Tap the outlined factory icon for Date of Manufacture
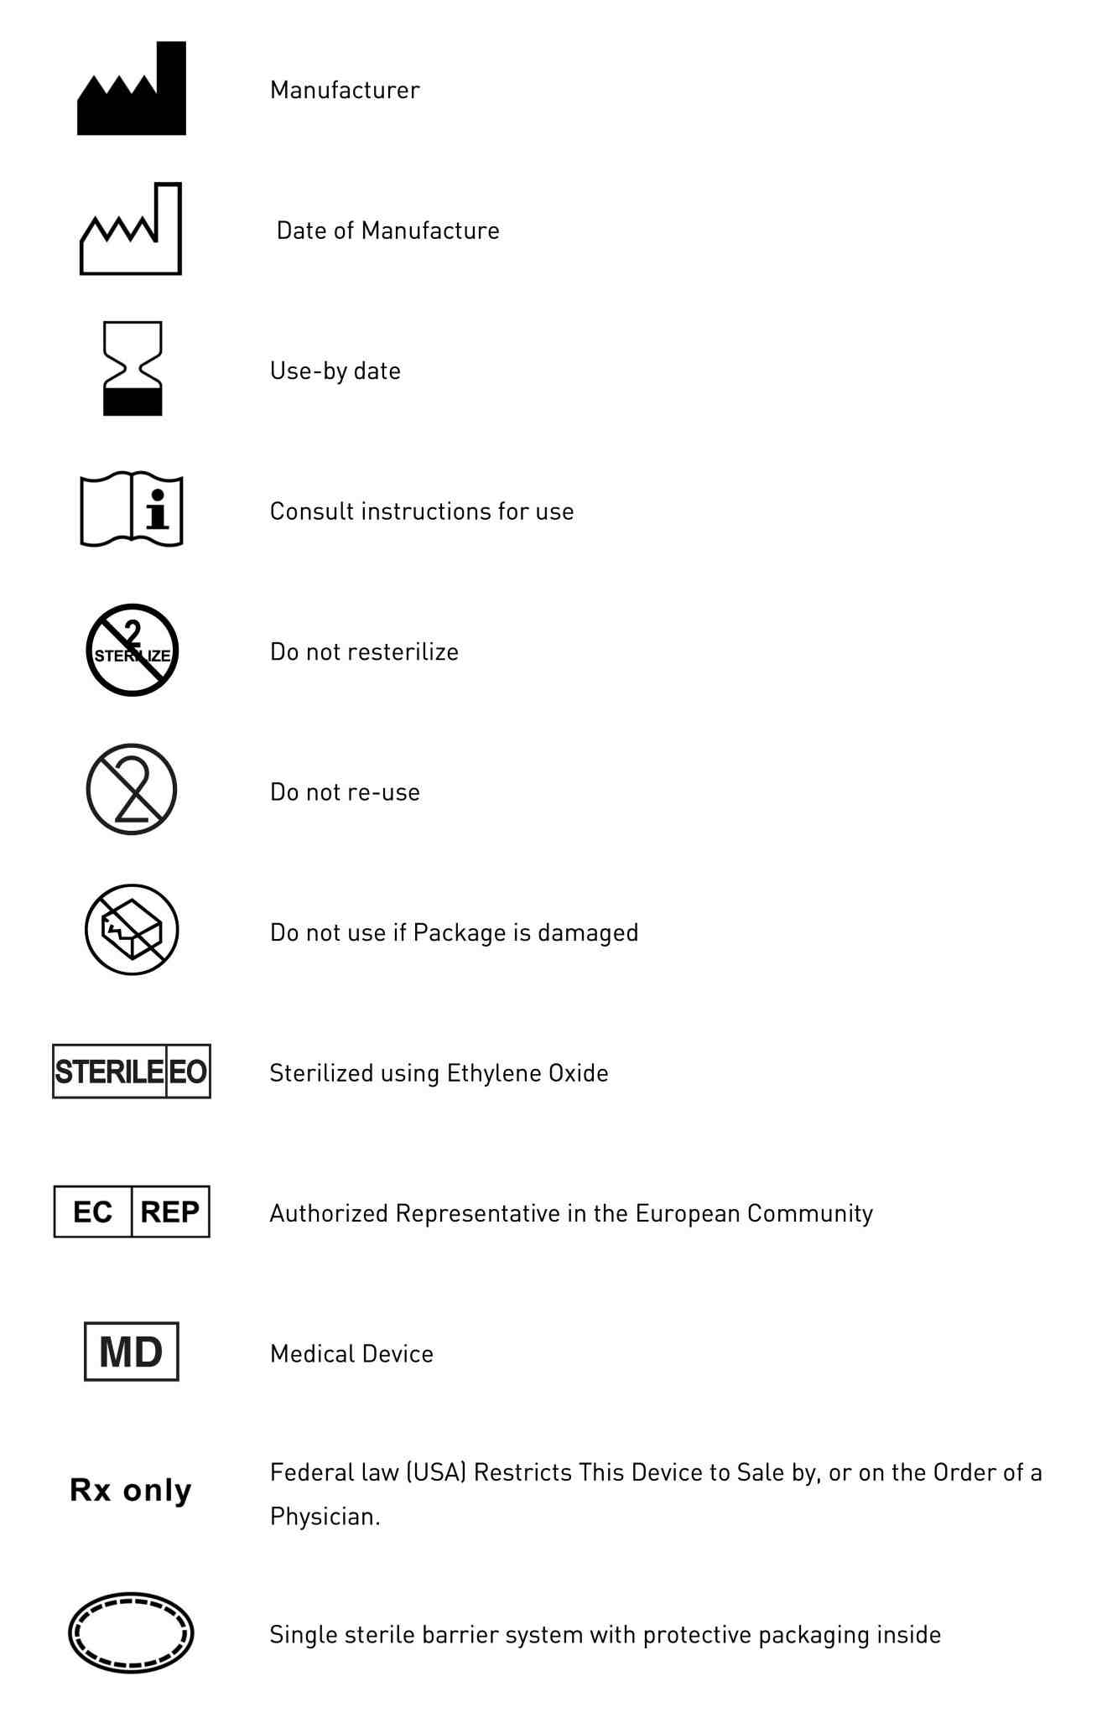point(131,231)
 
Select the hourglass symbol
point(133,369)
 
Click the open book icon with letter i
point(132,509)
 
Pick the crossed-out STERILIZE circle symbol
point(133,650)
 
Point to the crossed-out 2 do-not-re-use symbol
point(132,789)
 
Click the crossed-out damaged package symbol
point(132,929)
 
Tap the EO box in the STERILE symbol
point(188,1072)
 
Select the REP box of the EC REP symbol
point(170,1212)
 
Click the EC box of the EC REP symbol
point(92,1212)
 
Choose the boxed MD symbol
point(132,1352)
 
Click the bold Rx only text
point(131,1490)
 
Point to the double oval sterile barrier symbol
point(131,1632)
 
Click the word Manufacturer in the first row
point(345,90)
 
